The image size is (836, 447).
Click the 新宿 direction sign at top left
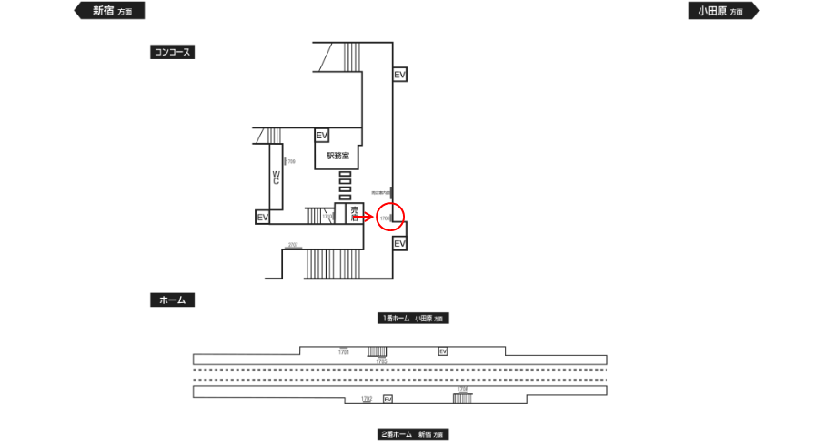click(108, 11)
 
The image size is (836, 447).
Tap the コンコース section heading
click(172, 53)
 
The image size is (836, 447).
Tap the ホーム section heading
click(172, 300)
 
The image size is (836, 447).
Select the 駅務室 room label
click(337, 157)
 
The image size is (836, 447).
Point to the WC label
click(276, 177)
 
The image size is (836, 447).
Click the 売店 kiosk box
click(356, 214)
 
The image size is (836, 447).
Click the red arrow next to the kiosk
click(363, 218)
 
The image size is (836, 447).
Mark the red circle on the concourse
click(389, 218)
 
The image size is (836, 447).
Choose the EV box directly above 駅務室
click(321, 136)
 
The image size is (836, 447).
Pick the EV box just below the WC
click(262, 218)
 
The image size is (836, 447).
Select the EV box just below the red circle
click(399, 243)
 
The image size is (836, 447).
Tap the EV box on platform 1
click(443, 351)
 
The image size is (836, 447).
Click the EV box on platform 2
click(388, 399)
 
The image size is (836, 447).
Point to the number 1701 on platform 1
click(344, 351)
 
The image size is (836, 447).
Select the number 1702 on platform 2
click(368, 399)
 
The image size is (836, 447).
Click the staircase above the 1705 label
click(378, 351)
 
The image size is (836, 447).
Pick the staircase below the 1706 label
click(462, 399)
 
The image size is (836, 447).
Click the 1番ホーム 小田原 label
click(415, 319)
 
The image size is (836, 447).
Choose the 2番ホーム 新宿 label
click(415, 434)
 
